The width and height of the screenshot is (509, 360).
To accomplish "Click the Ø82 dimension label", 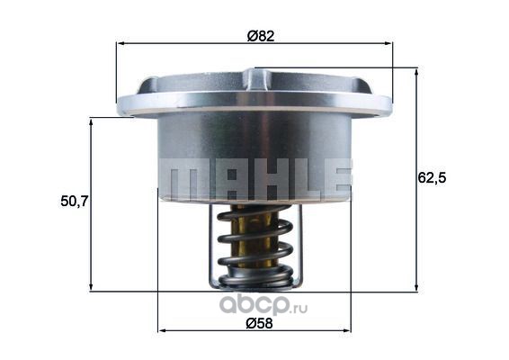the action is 260,36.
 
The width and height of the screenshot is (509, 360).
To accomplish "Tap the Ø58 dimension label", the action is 259,323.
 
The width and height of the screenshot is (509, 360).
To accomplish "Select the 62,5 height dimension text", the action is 432,178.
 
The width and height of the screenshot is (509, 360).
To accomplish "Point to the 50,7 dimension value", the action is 75,202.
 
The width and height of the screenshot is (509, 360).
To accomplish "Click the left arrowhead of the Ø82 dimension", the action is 121,43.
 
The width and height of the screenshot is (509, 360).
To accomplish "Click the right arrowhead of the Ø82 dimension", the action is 388,43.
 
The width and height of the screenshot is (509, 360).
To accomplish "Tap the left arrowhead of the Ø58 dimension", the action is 162,330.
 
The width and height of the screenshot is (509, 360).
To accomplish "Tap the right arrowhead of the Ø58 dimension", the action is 347,330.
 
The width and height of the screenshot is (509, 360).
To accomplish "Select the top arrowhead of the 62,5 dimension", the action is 416,73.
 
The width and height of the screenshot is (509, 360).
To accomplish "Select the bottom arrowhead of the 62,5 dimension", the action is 416,286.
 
